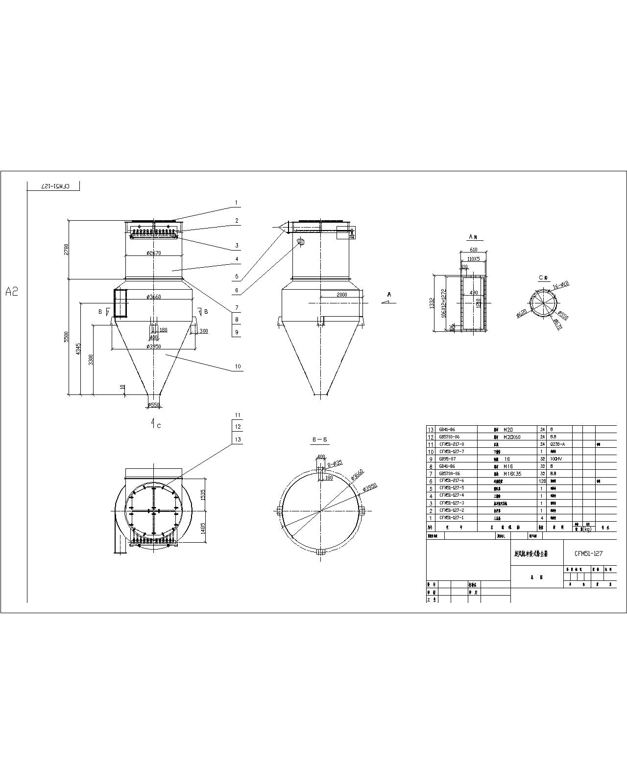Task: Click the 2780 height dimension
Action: (66, 249)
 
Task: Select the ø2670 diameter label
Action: (153, 253)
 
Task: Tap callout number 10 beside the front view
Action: (238, 367)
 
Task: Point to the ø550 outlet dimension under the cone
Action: (153, 405)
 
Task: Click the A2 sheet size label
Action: (12, 292)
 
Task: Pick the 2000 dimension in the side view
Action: (341, 295)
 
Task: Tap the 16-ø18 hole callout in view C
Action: (560, 284)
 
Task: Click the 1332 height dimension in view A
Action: (432, 303)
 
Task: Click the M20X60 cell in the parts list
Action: (512, 437)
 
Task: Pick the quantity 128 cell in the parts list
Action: (542, 481)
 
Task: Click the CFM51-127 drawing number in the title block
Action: (588, 553)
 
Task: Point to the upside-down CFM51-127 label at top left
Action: (53, 186)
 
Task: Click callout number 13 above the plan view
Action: (238, 439)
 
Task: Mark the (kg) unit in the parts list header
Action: (586, 529)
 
